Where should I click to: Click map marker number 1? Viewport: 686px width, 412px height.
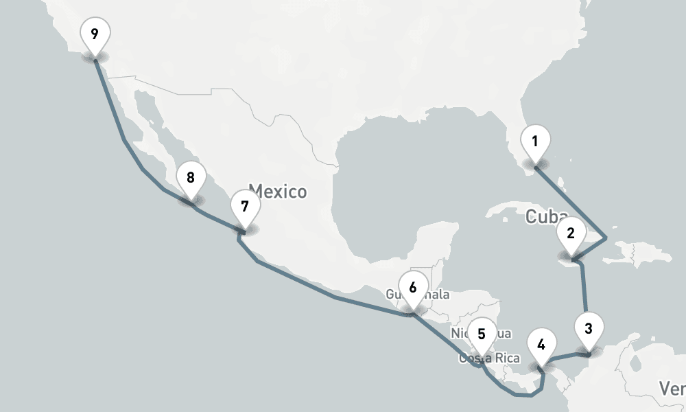pos(535,143)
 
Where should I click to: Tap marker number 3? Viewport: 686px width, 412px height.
pos(589,328)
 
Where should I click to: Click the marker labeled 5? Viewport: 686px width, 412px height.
pos(482,335)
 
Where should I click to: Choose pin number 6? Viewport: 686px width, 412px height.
pos(412,288)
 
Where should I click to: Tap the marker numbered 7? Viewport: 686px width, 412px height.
pos(245,206)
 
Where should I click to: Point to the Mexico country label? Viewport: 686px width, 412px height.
pos(277,191)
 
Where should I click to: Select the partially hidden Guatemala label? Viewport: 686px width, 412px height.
pos(439,295)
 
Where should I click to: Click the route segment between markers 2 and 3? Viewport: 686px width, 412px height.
pos(584,288)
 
